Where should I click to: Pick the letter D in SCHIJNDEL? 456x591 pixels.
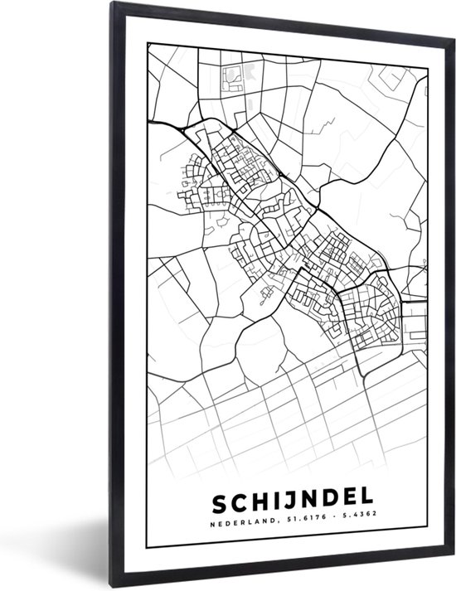point(315,505)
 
